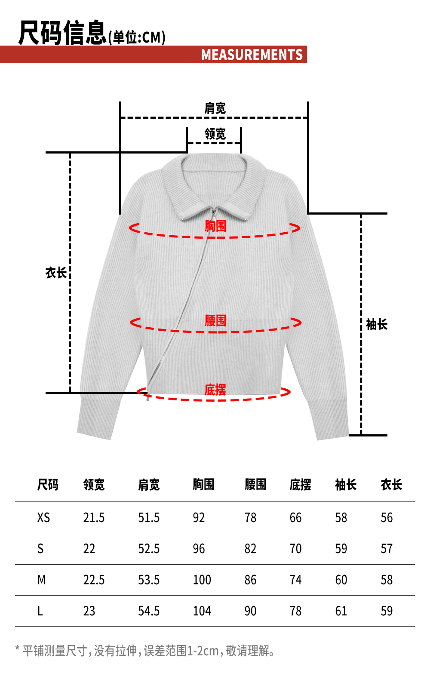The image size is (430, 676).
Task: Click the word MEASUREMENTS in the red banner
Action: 252,55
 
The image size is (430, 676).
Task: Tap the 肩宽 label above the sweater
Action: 215,108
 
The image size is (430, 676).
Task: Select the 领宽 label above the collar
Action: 215,134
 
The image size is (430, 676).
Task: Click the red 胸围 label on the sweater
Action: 215,226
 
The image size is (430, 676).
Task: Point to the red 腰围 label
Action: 215,320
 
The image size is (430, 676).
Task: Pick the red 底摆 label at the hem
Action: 215,390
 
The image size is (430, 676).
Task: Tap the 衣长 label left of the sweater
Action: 56,273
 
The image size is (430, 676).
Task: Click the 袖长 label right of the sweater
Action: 377,325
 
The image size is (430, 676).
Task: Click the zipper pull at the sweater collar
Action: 213,213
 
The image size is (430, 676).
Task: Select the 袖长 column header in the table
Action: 346,485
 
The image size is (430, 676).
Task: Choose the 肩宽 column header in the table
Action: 149,485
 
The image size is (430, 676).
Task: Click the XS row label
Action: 43,517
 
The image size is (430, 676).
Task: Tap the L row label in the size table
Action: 40,611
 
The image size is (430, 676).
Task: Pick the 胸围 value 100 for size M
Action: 202,580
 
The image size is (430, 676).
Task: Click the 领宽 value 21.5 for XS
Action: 94,517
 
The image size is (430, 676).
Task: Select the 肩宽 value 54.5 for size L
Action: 149,611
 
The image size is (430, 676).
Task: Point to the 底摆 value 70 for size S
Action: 295,549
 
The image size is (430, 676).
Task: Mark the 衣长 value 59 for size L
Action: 387,611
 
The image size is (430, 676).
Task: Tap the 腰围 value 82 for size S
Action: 250,549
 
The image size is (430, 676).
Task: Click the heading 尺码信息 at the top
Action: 62,33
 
